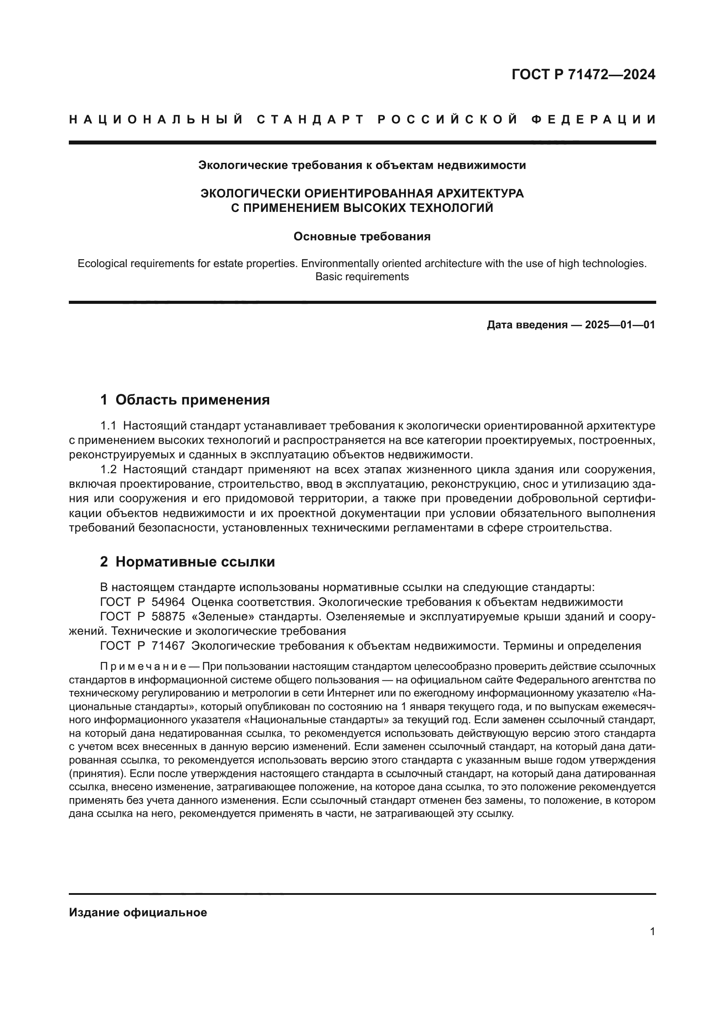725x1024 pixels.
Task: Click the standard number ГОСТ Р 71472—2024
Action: pos(583,74)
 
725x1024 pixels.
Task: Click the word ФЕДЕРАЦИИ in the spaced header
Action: pos(594,120)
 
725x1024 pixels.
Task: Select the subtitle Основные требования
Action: pos(362,236)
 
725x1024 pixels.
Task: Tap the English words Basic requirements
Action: pos(362,277)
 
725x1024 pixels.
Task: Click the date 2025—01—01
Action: pos(620,325)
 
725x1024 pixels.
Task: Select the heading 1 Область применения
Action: pos(185,400)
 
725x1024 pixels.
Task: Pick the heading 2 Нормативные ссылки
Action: pos(188,562)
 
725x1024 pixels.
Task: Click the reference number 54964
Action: pos(168,602)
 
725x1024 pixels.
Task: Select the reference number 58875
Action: pos(168,617)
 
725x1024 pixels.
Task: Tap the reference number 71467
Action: pos(168,646)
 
